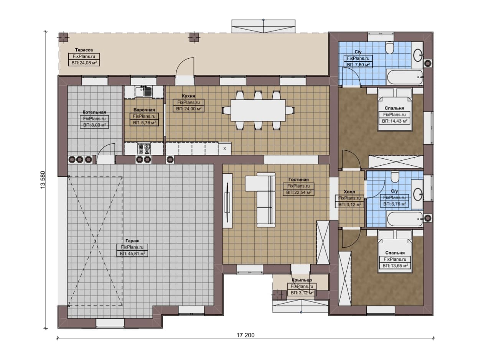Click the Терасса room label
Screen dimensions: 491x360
point(84,50)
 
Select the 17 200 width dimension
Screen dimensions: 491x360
point(245,335)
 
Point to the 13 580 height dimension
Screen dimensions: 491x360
point(43,180)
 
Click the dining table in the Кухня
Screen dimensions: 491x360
point(258,110)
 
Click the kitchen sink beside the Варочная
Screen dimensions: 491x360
point(143,92)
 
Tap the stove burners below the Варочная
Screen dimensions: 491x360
point(144,148)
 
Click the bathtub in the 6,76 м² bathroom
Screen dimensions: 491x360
point(404,219)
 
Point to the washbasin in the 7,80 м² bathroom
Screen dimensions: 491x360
point(418,55)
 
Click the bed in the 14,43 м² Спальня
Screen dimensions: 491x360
point(395,110)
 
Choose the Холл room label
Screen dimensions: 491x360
point(349,192)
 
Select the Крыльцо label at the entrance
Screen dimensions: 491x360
point(302,280)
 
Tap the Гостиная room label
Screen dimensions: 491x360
point(298,179)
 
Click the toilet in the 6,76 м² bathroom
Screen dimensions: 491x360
point(395,177)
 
